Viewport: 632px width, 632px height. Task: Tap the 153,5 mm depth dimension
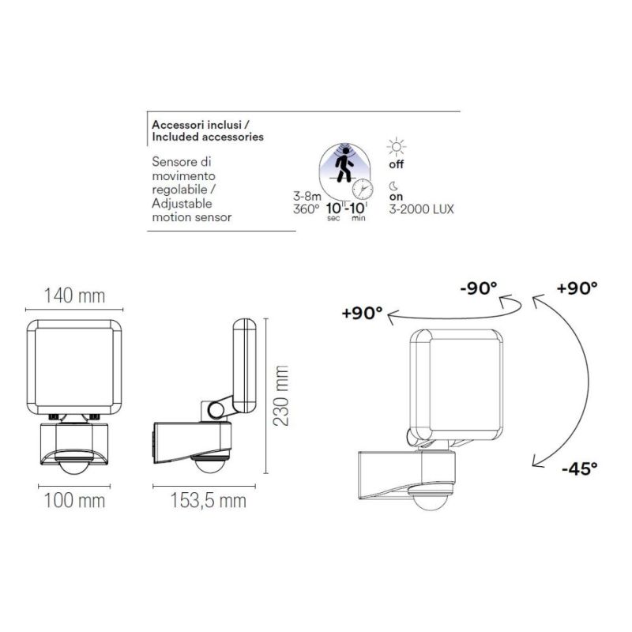point(199,500)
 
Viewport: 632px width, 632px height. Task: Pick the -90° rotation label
point(478,288)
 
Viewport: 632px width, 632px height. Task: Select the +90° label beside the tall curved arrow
point(577,288)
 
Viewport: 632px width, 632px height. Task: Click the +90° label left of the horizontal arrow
point(363,313)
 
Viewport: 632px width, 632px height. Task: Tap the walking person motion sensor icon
point(344,165)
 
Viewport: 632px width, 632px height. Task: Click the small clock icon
point(363,190)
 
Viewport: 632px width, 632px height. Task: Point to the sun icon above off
point(396,147)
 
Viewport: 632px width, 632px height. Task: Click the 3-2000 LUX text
point(421,209)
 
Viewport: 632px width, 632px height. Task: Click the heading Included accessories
point(207,137)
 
